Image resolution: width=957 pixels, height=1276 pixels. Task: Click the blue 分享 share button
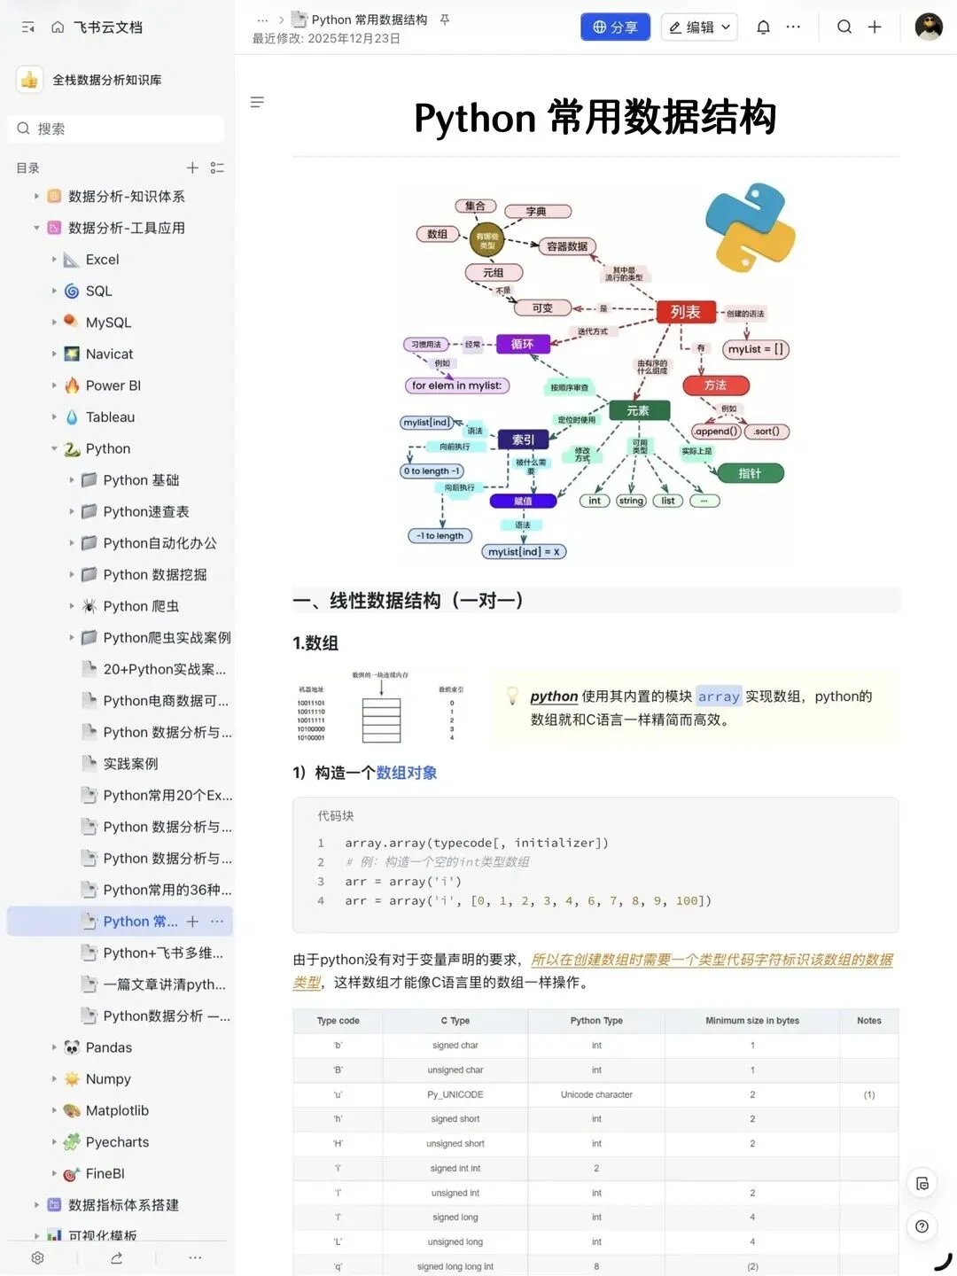click(615, 27)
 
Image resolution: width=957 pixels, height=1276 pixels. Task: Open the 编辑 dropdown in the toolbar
click(699, 27)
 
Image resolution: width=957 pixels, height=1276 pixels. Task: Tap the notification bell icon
click(763, 27)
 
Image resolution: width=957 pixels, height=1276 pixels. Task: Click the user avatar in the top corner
click(929, 27)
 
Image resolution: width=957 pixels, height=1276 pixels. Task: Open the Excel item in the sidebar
click(102, 260)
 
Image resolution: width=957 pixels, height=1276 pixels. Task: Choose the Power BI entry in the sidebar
click(113, 385)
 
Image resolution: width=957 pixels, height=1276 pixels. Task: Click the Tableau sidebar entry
click(110, 417)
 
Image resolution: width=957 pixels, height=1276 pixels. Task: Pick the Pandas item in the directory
click(108, 1047)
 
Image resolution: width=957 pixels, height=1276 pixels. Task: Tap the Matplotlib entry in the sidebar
click(117, 1110)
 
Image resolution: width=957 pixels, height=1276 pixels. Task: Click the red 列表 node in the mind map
click(685, 312)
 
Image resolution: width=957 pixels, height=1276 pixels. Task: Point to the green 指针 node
click(750, 473)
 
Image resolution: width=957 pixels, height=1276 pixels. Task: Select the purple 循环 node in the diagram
click(522, 344)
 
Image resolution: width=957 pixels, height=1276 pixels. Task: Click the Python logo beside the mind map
click(750, 228)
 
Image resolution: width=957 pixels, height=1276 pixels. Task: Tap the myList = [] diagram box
click(755, 349)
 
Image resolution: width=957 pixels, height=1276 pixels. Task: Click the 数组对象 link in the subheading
click(406, 773)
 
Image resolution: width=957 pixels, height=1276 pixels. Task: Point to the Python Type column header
click(596, 1021)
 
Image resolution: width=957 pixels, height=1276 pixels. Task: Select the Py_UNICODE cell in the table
click(455, 1094)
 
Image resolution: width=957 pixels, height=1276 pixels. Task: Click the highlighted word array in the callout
click(718, 696)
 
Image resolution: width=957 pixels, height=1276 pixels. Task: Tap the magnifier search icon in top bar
click(844, 27)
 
